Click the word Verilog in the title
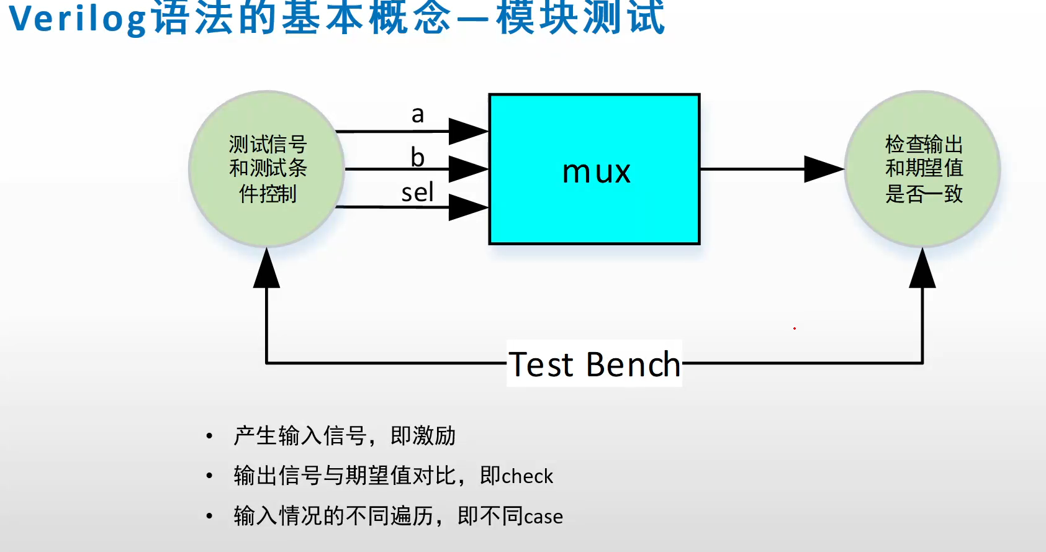pyautogui.click(x=78, y=19)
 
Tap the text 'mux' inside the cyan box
pyautogui.click(x=596, y=172)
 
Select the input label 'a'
pyautogui.click(x=418, y=114)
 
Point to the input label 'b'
pyautogui.click(x=418, y=157)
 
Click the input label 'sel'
pyautogui.click(x=417, y=192)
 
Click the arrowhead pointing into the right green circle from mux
pyautogui.click(x=824, y=169)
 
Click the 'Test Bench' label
pyautogui.click(x=595, y=364)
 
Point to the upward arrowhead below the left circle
pyautogui.click(x=267, y=269)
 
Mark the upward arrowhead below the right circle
pyautogui.click(x=922, y=269)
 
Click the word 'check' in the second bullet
pyautogui.click(x=528, y=476)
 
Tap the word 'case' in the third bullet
pyautogui.click(x=543, y=517)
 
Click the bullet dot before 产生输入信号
pyautogui.click(x=209, y=437)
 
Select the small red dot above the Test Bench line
pyautogui.click(x=795, y=328)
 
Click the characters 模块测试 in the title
pyautogui.click(x=580, y=19)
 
